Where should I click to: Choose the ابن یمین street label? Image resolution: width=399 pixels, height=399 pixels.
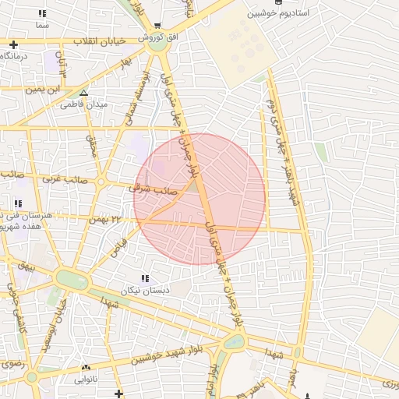pos(45,90)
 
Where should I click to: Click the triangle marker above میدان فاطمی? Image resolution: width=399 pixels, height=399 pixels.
pos(83,93)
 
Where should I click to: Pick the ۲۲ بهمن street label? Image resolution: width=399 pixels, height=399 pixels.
pos(108,219)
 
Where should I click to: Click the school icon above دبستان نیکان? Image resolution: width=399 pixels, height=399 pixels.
pos(144,278)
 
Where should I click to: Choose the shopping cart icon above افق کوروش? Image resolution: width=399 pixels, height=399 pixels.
pos(158,25)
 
